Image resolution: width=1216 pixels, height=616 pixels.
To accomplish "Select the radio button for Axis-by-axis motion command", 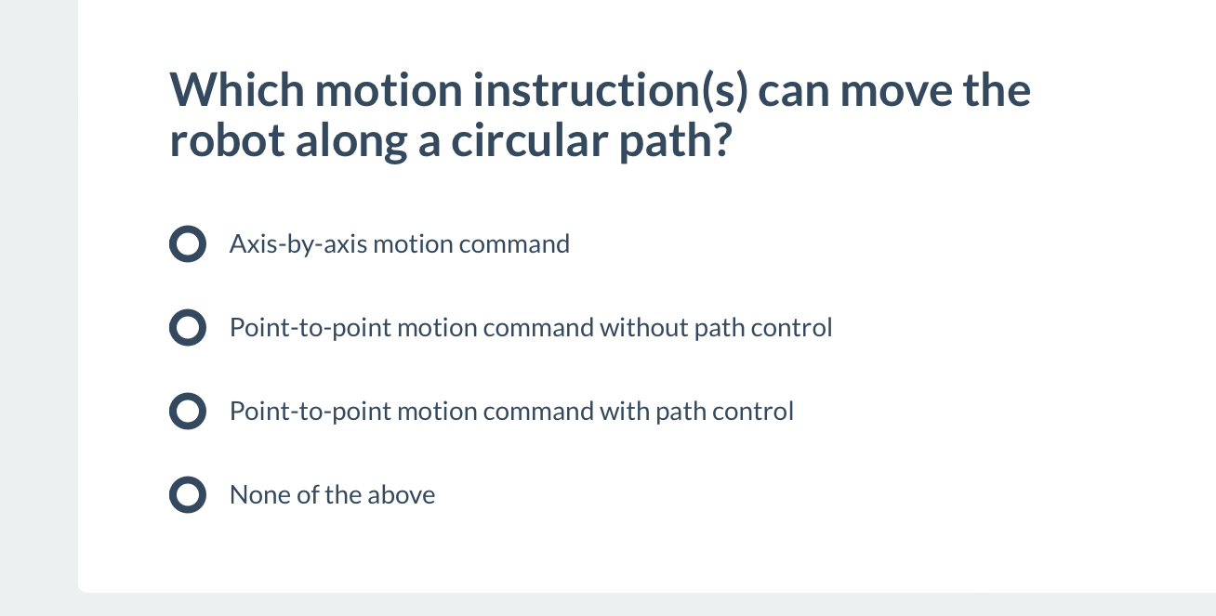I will click(x=187, y=244).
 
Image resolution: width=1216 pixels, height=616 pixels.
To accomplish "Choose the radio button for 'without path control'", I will click(x=187, y=328).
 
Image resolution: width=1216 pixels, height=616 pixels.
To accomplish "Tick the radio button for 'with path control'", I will click(x=187, y=412).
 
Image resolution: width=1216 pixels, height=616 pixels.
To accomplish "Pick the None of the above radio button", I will click(x=187, y=495).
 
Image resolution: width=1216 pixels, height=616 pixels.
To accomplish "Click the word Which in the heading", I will click(x=236, y=90).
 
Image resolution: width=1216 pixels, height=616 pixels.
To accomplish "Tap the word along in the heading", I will click(x=341, y=139).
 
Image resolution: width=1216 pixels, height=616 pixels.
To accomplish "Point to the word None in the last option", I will click(x=259, y=495).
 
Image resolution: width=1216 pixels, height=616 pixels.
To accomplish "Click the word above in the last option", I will click(x=401, y=495).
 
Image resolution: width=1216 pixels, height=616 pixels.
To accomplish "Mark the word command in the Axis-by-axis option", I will click(x=514, y=244).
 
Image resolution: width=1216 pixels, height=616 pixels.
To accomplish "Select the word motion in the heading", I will click(x=388, y=90).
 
